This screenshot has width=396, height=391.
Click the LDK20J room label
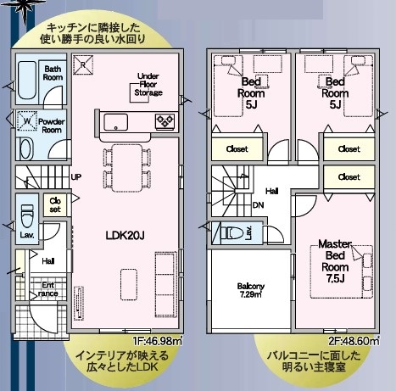[125, 235]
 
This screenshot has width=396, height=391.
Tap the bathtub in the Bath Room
[27, 80]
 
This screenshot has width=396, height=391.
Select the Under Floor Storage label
[148, 84]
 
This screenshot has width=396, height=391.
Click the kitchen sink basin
[116, 122]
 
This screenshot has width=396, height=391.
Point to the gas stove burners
[165, 121]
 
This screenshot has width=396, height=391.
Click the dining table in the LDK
[127, 168]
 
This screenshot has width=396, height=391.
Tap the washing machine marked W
[27, 120]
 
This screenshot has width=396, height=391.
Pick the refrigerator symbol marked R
[83, 64]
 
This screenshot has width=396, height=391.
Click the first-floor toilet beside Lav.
[27, 215]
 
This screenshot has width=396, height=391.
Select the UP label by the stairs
[76, 177]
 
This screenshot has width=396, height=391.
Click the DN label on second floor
[258, 205]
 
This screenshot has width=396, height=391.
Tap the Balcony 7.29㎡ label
[251, 290]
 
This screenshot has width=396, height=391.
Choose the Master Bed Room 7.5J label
[335, 261]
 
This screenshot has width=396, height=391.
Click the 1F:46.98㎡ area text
[158, 341]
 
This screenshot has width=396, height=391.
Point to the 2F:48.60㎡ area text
[354, 341]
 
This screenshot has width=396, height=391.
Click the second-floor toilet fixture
[232, 233]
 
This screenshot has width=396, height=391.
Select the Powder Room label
[52, 126]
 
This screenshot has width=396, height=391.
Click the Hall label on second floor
[271, 192]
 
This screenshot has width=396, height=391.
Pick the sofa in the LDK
[165, 284]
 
